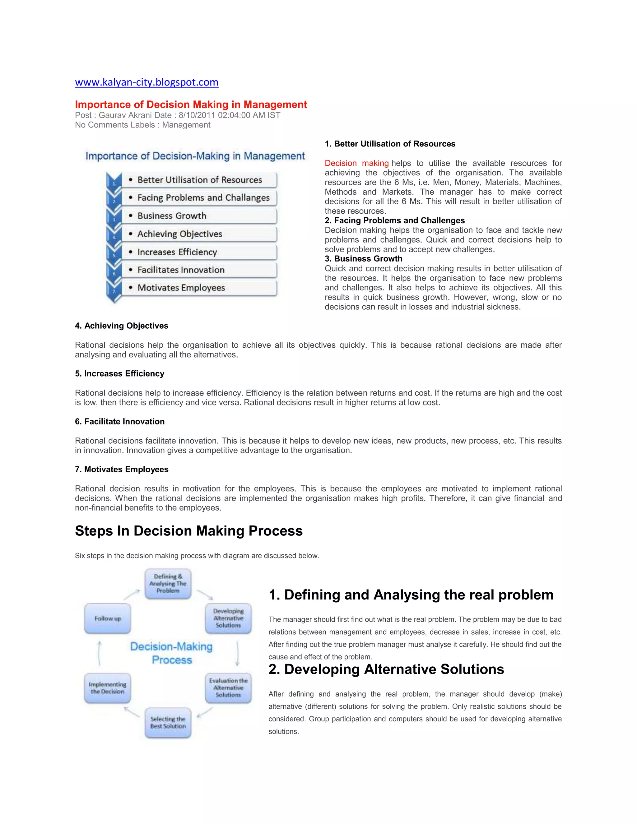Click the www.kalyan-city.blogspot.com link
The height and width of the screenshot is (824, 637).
pyautogui.click(x=146, y=82)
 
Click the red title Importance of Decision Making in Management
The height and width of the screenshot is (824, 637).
pyautogui.click(x=191, y=104)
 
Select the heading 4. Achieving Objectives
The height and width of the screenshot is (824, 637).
pyautogui.click(x=122, y=326)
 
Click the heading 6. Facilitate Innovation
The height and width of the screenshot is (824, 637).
pyautogui.click(x=120, y=421)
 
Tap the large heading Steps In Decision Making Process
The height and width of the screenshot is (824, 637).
pyautogui.click(x=189, y=531)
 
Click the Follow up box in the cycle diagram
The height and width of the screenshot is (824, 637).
pyautogui.click(x=108, y=618)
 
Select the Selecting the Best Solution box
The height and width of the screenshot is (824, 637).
pyautogui.click(x=168, y=723)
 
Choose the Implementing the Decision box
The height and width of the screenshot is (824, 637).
pyautogui.click(x=108, y=688)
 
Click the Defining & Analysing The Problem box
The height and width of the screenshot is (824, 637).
pyautogui.click(x=168, y=584)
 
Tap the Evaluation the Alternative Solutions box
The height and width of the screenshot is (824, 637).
pyautogui.click(x=228, y=688)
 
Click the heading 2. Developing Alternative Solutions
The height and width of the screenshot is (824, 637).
pyautogui.click(x=386, y=669)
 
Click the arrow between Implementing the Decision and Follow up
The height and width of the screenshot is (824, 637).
pyautogui.click(x=99, y=654)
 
